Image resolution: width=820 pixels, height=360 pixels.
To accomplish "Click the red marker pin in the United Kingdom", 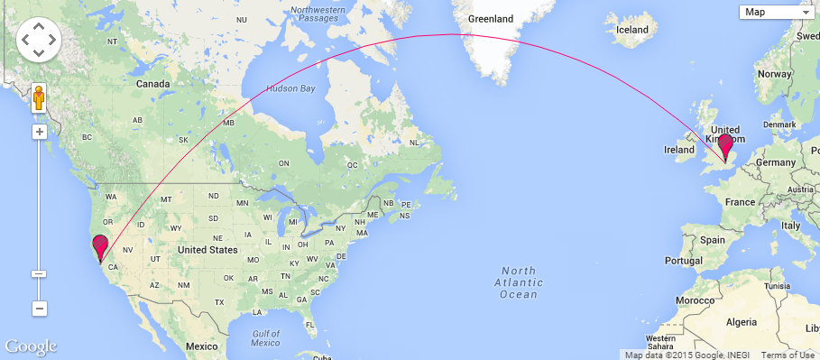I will (x=724, y=145).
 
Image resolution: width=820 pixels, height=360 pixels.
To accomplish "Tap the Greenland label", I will (x=491, y=18).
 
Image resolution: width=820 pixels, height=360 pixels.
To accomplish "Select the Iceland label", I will (x=631, y=30).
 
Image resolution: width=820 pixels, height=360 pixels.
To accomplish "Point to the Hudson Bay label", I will (x=291, y=89).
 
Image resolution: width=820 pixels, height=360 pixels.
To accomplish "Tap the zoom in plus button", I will (x=40, y=132).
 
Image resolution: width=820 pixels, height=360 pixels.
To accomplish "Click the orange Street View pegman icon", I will (x=40, y=97).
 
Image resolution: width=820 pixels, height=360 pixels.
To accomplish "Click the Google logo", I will (x=31, y=346).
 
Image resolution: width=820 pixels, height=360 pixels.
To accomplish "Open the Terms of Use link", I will (x=788, y=355).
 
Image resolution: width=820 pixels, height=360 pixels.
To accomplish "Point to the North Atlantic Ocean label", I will (x=520, y=282).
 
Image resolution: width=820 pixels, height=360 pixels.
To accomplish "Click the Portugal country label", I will (x=684, y=260).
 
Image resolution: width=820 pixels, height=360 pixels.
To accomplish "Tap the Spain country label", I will (x=712, y=241).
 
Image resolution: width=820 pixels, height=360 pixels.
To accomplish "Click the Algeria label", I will (x=742, y=322).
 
